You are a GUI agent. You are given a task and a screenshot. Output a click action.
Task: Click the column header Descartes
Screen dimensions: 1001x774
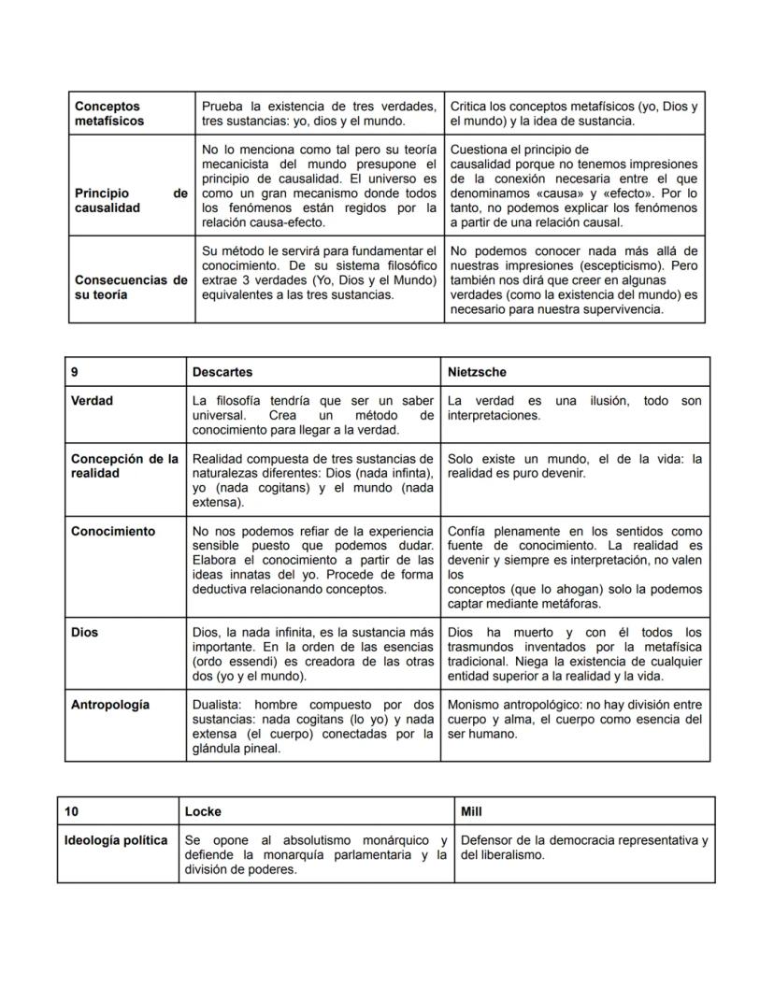coord(222,372)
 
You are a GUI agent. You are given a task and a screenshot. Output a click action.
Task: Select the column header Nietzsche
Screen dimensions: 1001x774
coord(477,372)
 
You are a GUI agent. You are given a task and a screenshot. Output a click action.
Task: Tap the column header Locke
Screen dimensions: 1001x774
coord(203,811)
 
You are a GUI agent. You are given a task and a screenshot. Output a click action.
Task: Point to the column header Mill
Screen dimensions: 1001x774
coord(472,811)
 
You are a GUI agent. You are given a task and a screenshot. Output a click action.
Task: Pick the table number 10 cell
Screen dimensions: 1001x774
coord(71,811)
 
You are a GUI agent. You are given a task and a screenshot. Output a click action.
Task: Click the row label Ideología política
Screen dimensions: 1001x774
coord(116,840)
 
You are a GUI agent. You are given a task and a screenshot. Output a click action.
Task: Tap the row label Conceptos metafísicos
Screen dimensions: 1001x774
coord(109,114)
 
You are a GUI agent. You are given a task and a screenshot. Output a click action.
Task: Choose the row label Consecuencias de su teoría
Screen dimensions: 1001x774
coord(131,288)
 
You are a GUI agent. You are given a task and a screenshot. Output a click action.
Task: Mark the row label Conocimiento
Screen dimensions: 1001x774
coord(113,531)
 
